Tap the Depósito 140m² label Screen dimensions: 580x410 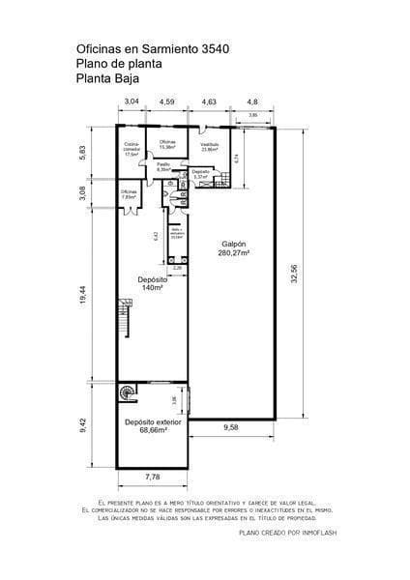click(x=148, y=283)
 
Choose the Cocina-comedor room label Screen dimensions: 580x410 click(x=132, y=150)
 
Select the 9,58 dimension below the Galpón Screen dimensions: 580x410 click(x=231, y=427)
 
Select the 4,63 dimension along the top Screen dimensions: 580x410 click(x=209, y=101)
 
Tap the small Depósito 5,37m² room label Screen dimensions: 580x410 click(x=201, y=175)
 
